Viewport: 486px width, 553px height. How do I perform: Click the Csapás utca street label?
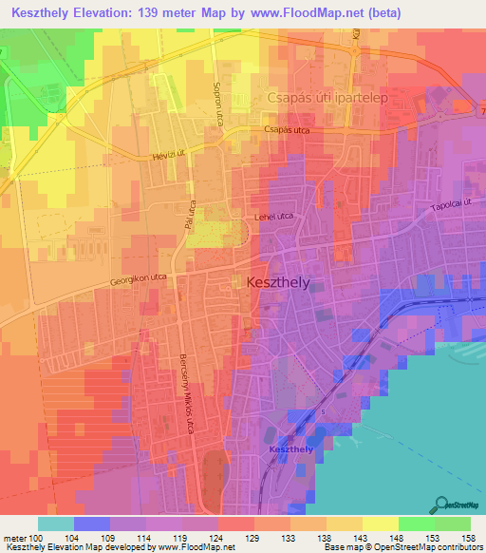point(287,129)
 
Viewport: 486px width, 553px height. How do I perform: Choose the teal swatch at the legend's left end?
point(56,524)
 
